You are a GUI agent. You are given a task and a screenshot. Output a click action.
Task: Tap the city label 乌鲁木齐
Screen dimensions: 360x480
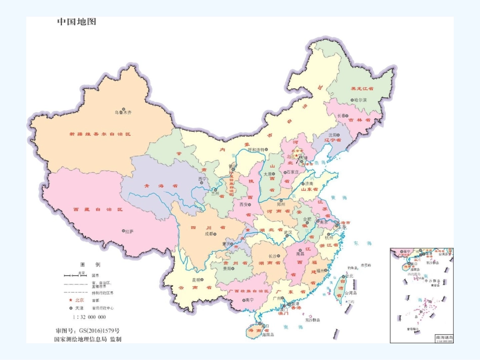coord(122,112)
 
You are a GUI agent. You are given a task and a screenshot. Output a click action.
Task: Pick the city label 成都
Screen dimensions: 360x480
coord(208,234)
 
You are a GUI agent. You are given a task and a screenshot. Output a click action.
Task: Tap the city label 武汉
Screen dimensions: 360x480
coord(288,233)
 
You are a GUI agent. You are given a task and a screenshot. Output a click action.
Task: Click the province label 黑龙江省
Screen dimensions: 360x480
coord(362,88)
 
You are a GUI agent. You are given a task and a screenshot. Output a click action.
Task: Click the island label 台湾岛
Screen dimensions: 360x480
coord(351,292)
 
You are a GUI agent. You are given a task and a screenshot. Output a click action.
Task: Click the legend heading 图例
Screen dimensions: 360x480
coord(90,265)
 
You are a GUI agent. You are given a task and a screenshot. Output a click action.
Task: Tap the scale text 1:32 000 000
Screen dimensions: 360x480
coord(89,317)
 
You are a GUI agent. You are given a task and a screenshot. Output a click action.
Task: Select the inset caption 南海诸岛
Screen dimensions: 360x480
coord(443,337)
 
